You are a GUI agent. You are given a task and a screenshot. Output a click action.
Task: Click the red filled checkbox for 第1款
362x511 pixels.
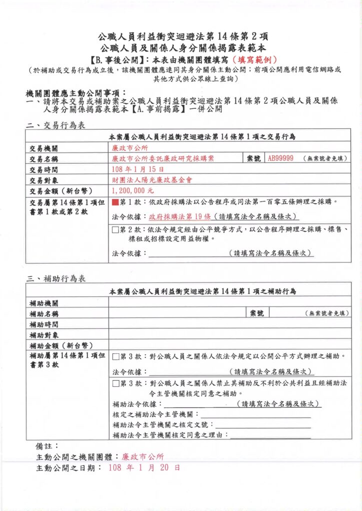pyautogui.click(x=116, y=202)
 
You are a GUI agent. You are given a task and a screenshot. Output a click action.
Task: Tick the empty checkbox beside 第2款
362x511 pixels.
pyautogui.click(x=116, y=230)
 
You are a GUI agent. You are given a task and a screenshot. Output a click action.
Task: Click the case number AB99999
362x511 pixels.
pyautogui.click(x=281, y=158)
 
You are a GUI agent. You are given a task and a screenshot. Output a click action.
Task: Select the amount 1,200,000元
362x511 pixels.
pyautogui.click(x=133, y=190)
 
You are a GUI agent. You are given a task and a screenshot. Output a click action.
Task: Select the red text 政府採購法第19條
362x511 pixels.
pyautogui.click(x=179, y=217)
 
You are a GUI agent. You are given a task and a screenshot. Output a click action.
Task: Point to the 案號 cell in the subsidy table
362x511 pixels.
pyautogui.click(x=256, y=313)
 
